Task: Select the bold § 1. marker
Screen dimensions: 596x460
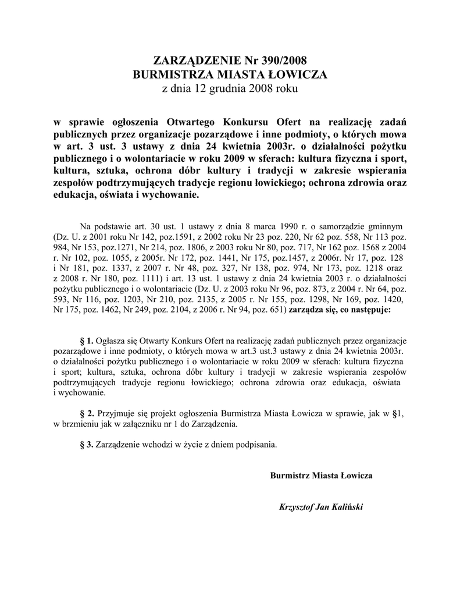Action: [86, 340]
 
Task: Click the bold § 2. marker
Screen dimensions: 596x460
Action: [86, 413]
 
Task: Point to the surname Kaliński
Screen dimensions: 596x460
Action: [347, 507]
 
